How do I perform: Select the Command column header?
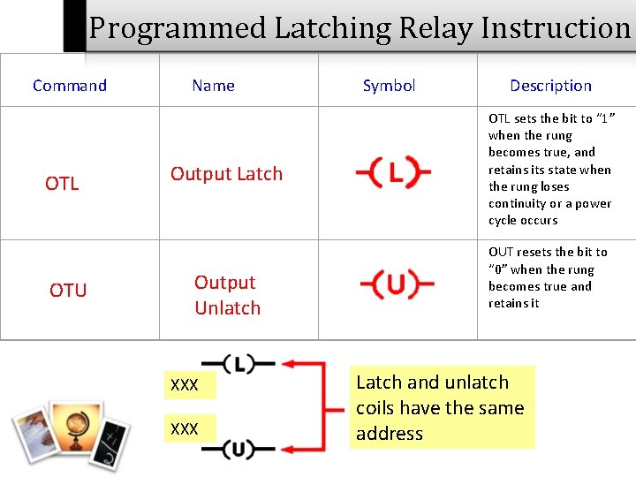coord(70,86)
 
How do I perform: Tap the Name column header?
coord(213,86)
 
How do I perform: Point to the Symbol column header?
coord(389,86)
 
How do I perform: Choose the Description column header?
coord(550,86)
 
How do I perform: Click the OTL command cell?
coord(62,184)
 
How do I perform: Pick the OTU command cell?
coord(68,290)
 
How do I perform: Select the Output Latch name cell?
coord(226,174)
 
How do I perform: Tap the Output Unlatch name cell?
coord(227,295)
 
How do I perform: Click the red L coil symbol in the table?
coord(394,174)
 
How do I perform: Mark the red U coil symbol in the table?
coord(397,285)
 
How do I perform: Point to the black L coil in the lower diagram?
coord(238,363)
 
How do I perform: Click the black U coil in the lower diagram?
coord(238,450)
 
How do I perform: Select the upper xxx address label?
coord(185,385)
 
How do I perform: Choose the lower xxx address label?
coord(185,428)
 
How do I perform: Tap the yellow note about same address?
coord(441,407)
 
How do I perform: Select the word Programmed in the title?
coord(177,28)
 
